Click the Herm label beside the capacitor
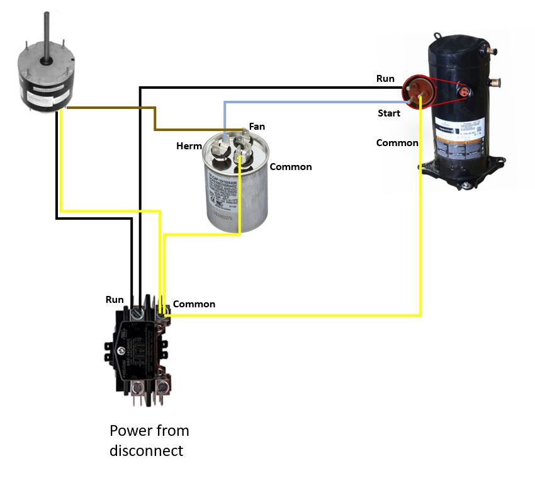click(189, 146)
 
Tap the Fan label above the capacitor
click(257, 127)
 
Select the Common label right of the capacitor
click(291, 167)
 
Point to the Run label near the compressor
click(385, 79)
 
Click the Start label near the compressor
click(389, 113)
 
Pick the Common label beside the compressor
click(397, 143)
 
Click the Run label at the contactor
click(115, 300)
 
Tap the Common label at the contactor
click(194, 304)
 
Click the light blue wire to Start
click(315, 101)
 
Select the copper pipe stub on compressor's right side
click(495, 81)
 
